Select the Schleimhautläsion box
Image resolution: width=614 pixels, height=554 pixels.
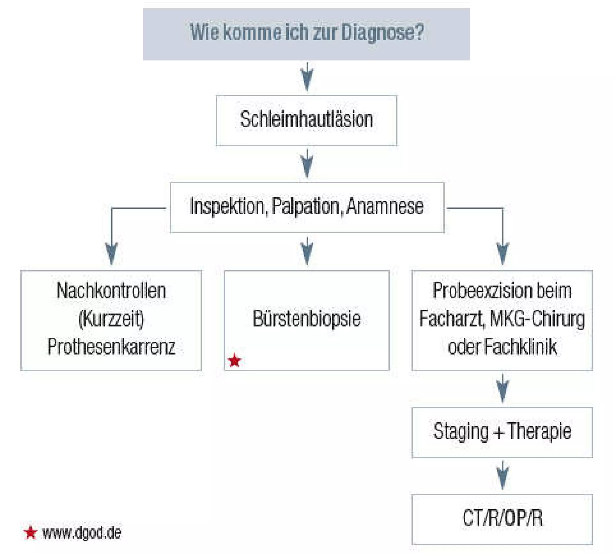click(x=306, y=120)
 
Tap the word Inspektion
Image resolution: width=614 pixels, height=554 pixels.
click(x=227, y=207)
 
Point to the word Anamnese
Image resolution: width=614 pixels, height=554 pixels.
click(x=385, y=207)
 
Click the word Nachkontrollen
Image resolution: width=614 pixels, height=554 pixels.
click(x=111, y=291)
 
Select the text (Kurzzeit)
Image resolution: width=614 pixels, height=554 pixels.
click(x=111, y=319)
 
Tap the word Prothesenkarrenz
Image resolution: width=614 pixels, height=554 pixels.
click(x=111, y=347)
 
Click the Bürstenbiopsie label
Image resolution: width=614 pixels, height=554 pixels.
click(x=306, y=319)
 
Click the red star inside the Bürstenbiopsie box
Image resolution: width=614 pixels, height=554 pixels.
click(x=234, y=361)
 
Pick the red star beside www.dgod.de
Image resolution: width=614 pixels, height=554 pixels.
click(x=30, y=532)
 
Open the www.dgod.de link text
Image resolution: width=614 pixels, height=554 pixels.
click(x=82, y=532)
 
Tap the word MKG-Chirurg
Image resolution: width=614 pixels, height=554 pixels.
click(x=537, y=319)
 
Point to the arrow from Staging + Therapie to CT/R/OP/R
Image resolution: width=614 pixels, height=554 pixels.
click(x=503, y=475)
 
